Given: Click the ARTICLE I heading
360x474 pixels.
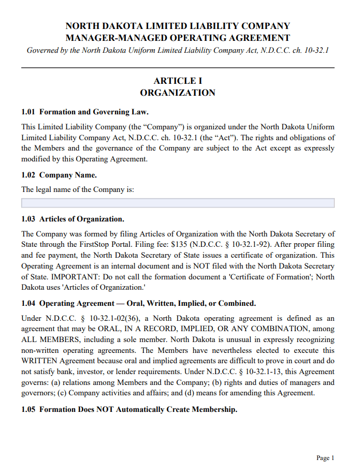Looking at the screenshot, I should tap(178, 81).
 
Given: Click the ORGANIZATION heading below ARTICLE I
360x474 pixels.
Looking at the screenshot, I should tap(178, 93).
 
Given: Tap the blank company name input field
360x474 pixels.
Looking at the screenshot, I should tap(178, 203).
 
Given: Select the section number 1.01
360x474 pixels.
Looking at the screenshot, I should tap(28, 112).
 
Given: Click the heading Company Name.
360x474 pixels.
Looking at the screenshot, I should tap(68, 175).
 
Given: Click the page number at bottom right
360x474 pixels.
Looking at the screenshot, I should tap(325, 458).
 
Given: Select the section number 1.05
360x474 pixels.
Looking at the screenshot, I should tap(28, 410).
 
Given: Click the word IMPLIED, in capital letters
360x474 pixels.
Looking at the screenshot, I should tap(204, 329).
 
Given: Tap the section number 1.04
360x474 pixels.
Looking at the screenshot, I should tap(28, 303).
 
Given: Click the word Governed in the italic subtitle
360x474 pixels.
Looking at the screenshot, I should tap(42, 51).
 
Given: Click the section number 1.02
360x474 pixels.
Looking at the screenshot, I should tap(28, 175).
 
